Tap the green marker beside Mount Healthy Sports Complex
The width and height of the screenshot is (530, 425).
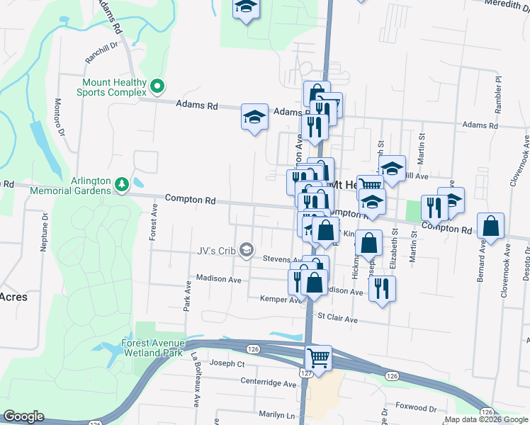(158, 87)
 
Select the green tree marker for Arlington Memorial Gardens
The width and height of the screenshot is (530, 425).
(122, 184)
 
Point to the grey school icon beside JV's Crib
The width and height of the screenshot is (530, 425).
(246, 249)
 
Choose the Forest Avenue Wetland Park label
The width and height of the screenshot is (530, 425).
(152, 347)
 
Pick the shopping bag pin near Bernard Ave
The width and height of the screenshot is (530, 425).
(490, 226)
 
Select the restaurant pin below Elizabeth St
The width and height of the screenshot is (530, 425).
(382, 288)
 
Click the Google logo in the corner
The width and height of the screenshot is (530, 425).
(23, 416)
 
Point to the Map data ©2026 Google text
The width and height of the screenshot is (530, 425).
(486, 419)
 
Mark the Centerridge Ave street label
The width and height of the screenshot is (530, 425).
(269, 384)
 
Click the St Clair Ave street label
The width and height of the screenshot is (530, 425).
(337, 319)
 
